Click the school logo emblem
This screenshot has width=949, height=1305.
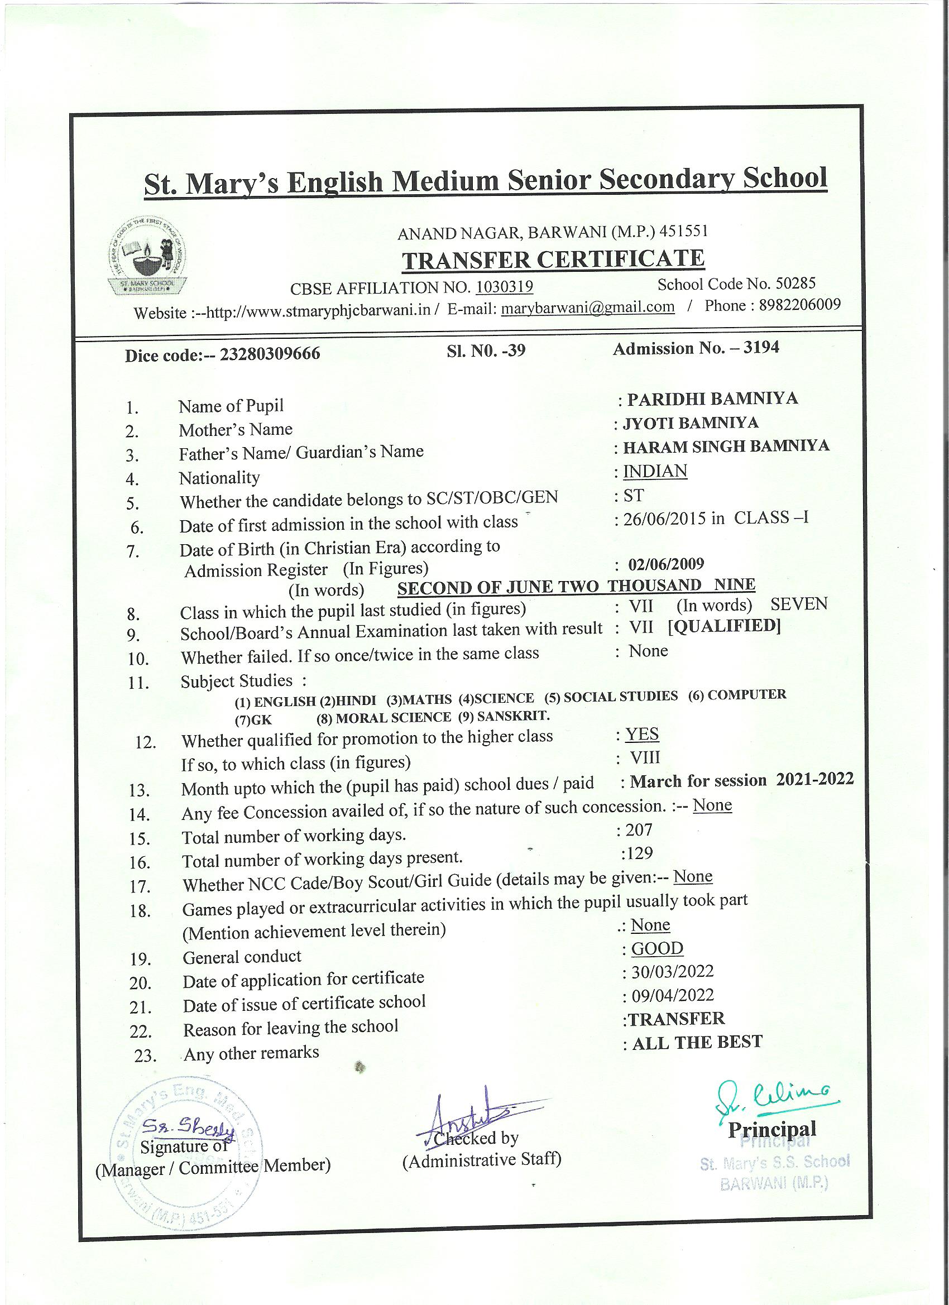(148, 257)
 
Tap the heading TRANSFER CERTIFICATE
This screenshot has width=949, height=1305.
(553, 260)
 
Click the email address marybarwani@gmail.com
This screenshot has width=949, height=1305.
(588, 307)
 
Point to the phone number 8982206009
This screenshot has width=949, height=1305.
(800, 305)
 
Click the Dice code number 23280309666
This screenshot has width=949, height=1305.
(270, 354)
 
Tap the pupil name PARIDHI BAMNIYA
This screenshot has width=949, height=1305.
(712, 399)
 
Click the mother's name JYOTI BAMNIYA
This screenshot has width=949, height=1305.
(691, 424)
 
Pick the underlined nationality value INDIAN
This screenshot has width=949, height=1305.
(655, 471)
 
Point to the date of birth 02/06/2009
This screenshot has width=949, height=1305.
(666, 564)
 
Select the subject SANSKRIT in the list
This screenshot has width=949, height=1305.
(513, 716)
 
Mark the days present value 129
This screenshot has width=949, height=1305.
(640, 853)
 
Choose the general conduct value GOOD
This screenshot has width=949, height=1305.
(656, 948)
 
